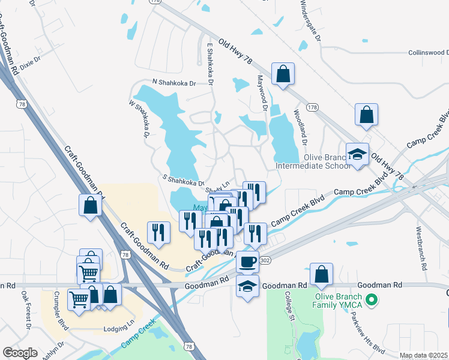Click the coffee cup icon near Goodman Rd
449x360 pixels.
pyautogui.click(x=247, y=262)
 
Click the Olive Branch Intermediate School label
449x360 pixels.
pyautogui.click(x=312, y=161)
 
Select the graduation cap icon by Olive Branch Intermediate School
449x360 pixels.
pyautogui.click(x=358, y=155)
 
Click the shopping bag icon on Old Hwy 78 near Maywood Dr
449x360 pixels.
pyautogui.click(x=283, y=74)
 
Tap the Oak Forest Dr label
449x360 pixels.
pyautogui.click(x=26, y=310)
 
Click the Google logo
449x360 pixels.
pyautogui.click(x=20, y=353)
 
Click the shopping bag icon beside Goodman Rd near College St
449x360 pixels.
pyautogui.click(x=322, y=274)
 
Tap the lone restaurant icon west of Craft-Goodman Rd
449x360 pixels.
pyautogui.click(x=158, y=232)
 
